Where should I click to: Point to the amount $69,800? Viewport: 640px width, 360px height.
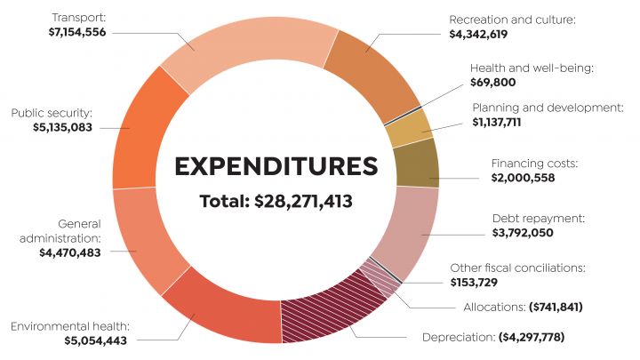[x=493, y=82]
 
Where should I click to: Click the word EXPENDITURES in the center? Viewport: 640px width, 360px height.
[x=276, y=166]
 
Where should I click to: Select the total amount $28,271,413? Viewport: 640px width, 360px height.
[x=303, y=202]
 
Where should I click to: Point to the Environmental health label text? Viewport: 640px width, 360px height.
[x=70, y=326]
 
